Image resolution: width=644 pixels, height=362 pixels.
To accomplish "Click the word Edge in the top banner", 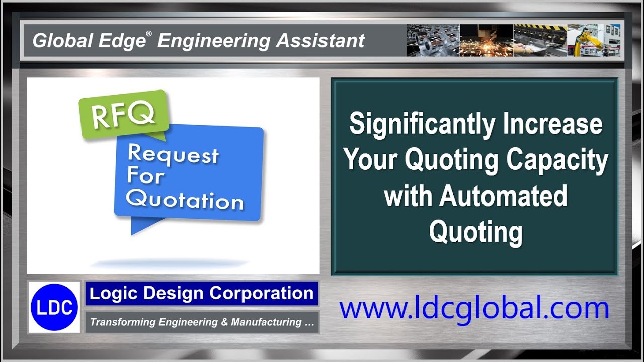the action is coord(122,41).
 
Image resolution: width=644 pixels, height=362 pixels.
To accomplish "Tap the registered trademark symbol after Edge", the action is coord(149,34).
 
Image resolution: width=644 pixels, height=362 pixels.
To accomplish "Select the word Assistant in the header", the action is coord(320,40).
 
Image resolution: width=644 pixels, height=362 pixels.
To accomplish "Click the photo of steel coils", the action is coord(433,40).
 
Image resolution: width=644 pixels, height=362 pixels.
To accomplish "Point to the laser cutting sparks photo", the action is coord(487,40).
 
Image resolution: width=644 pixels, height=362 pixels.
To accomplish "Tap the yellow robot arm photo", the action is coord(594,40).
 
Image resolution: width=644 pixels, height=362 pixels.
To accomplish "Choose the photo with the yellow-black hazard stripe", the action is coord(540,40).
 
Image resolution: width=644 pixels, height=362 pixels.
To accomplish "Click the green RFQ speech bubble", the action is coord(124,115).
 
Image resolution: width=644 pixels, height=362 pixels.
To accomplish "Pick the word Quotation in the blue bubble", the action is coord(185,200).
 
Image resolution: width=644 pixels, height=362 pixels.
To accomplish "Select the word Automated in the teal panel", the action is coord(503,196).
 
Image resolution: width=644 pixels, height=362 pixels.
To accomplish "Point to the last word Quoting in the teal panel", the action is coord(476,233).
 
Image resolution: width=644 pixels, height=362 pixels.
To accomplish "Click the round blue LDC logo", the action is coord(54,307).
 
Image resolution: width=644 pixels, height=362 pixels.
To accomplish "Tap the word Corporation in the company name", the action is coord(261,293).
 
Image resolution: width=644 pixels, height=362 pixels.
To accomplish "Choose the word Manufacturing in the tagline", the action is coord(266,322).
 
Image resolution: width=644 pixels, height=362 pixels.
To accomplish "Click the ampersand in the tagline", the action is coord(224,322).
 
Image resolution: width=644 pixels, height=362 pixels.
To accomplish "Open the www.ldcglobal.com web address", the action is coord(474,309).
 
